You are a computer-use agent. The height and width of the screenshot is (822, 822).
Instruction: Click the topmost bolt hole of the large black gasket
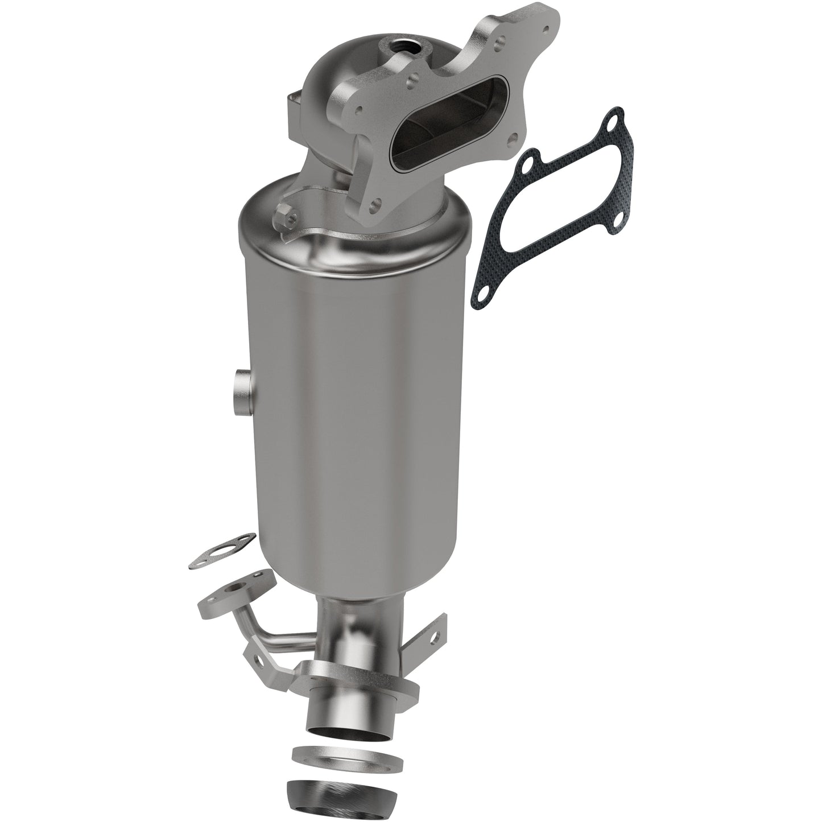click(x=612, y=119)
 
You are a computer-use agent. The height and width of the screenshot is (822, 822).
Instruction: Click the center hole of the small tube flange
click(x=237, y=591)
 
